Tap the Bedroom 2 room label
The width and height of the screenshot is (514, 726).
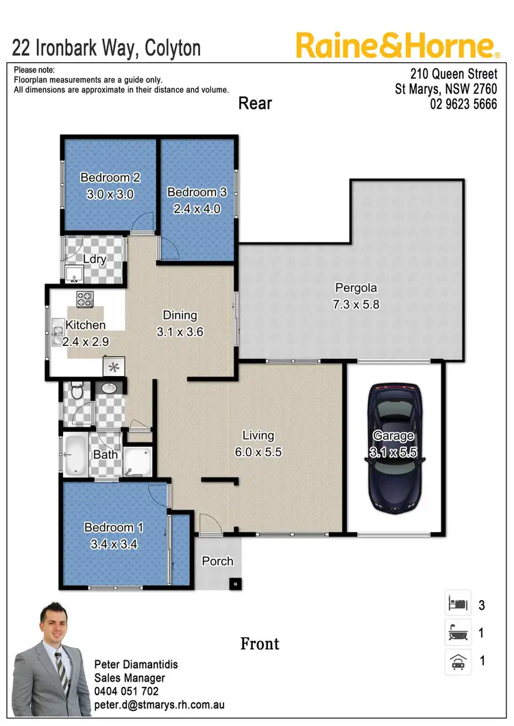(110, 178)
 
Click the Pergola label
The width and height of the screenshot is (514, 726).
(356, 288)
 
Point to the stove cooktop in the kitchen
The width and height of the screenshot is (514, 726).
(85, 299)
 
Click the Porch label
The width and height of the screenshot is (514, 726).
(217, 561)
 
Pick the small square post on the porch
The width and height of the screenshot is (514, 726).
(235, 584)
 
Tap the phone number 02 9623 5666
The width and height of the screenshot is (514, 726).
(463, 105)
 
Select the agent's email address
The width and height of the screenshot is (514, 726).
(160, 704)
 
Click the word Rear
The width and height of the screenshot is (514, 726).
(255, 103)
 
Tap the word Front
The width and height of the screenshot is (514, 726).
(260, 644)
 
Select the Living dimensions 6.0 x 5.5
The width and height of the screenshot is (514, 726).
(258, 452)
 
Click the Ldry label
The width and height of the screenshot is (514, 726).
(95, 259)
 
